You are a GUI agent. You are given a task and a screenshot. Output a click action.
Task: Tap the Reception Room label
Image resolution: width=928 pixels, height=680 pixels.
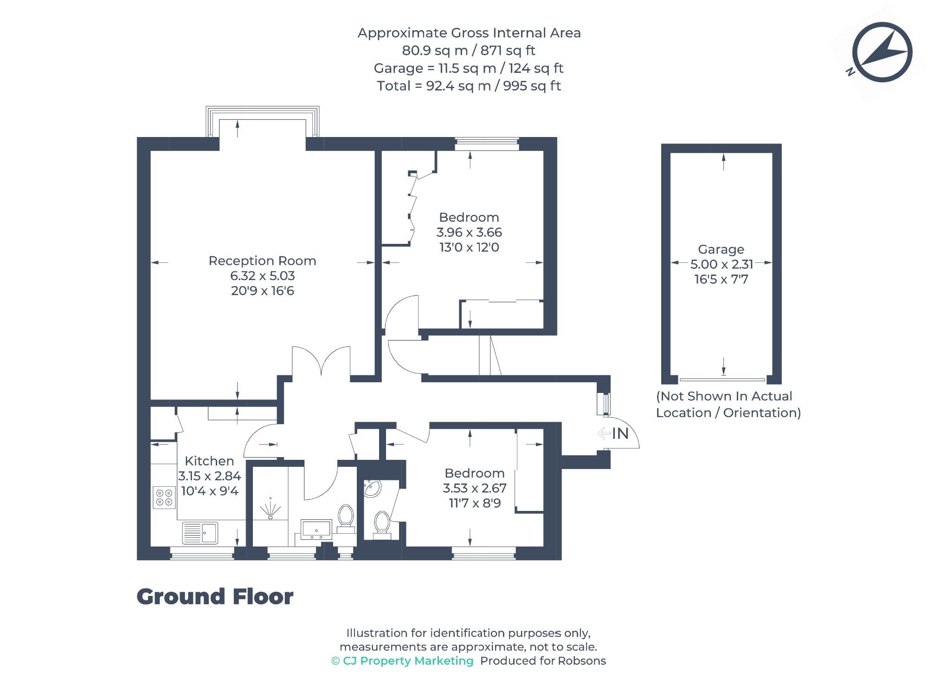coord(262,261)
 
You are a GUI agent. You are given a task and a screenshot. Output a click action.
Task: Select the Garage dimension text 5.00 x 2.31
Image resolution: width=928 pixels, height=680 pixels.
coord(722,264)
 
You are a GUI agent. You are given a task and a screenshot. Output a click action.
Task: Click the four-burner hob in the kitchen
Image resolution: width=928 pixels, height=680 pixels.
coord(164,497)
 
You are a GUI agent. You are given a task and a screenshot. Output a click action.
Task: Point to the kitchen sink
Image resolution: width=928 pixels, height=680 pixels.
coord(200,533)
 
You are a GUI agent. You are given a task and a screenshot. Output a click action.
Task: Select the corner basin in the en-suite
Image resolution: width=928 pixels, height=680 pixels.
coord(372,489)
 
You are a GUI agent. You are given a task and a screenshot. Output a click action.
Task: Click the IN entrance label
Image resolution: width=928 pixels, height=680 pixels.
coord(620,433)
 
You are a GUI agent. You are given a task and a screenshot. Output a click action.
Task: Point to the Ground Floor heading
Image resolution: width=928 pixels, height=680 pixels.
coord(215,597)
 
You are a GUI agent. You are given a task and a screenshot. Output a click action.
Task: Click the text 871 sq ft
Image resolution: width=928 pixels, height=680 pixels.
coord(508,50)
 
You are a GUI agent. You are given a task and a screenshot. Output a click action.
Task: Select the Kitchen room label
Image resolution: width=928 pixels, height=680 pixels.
coord(209,461)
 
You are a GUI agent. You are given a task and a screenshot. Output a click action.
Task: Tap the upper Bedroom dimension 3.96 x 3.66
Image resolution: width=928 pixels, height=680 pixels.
coord(469,232)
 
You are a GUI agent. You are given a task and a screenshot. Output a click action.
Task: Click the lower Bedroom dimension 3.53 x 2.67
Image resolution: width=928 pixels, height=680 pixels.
coord(474,488)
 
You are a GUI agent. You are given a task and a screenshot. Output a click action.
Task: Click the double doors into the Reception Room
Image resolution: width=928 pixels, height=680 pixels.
coord(321,362)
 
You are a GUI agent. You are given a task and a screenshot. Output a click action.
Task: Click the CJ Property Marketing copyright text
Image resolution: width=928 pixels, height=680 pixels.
coord(402,661)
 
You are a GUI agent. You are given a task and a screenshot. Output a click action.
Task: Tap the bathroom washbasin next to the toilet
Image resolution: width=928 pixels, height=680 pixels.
coord(316,530)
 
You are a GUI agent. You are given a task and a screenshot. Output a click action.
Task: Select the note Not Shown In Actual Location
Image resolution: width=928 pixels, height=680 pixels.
coord(728,405)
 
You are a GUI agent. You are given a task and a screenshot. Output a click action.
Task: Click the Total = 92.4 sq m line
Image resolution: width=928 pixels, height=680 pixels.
coord(469,86)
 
